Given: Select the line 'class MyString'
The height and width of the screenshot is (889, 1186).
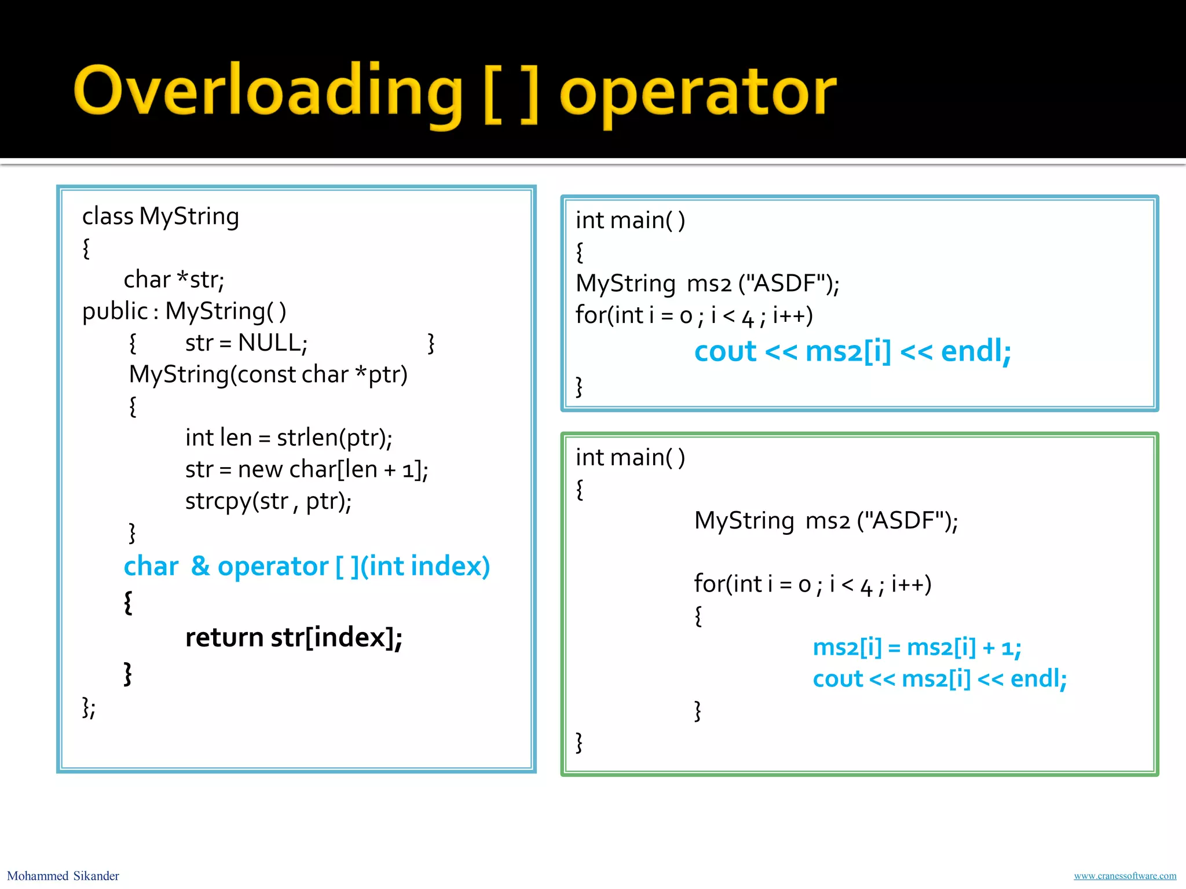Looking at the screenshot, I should point(160,216).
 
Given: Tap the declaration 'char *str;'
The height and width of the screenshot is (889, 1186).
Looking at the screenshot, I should point(174,280).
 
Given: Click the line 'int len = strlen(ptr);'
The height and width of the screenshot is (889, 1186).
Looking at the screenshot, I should point(288,438).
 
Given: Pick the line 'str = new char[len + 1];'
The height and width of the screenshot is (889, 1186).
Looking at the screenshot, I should point(306,469).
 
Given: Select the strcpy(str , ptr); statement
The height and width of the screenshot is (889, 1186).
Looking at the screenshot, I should point(268,501).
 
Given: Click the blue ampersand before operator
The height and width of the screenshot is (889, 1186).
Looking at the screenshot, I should point(200,565).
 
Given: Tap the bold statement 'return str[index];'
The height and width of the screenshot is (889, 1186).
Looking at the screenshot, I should point(294,637).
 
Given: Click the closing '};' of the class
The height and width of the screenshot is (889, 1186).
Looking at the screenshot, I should point(89,707).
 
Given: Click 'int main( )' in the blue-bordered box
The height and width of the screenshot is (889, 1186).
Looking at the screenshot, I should point(630,221).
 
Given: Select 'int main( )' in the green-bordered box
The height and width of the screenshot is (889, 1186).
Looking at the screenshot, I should point(630,458).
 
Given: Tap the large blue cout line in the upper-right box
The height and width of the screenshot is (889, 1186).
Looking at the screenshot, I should point(852,351).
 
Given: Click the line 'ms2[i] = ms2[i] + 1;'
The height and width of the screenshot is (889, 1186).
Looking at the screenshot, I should point(917,647).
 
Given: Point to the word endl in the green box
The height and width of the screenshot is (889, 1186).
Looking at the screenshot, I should point(1038,678).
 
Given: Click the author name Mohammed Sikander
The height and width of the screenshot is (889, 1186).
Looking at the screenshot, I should point(63,876).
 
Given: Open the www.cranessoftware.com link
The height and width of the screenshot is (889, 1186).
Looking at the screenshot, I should point(1125,876).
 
